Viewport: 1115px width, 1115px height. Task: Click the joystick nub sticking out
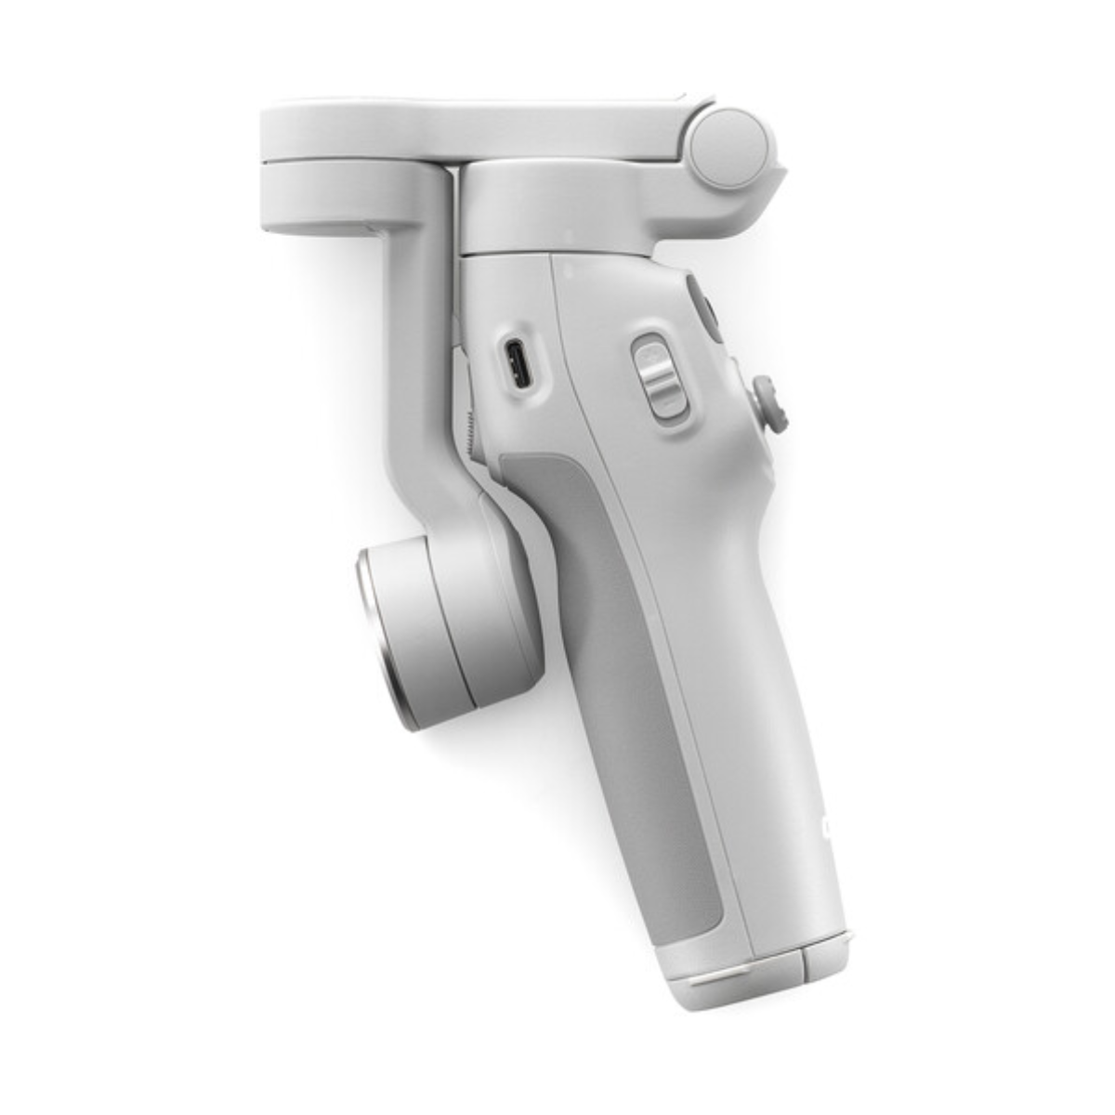(770, 401)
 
